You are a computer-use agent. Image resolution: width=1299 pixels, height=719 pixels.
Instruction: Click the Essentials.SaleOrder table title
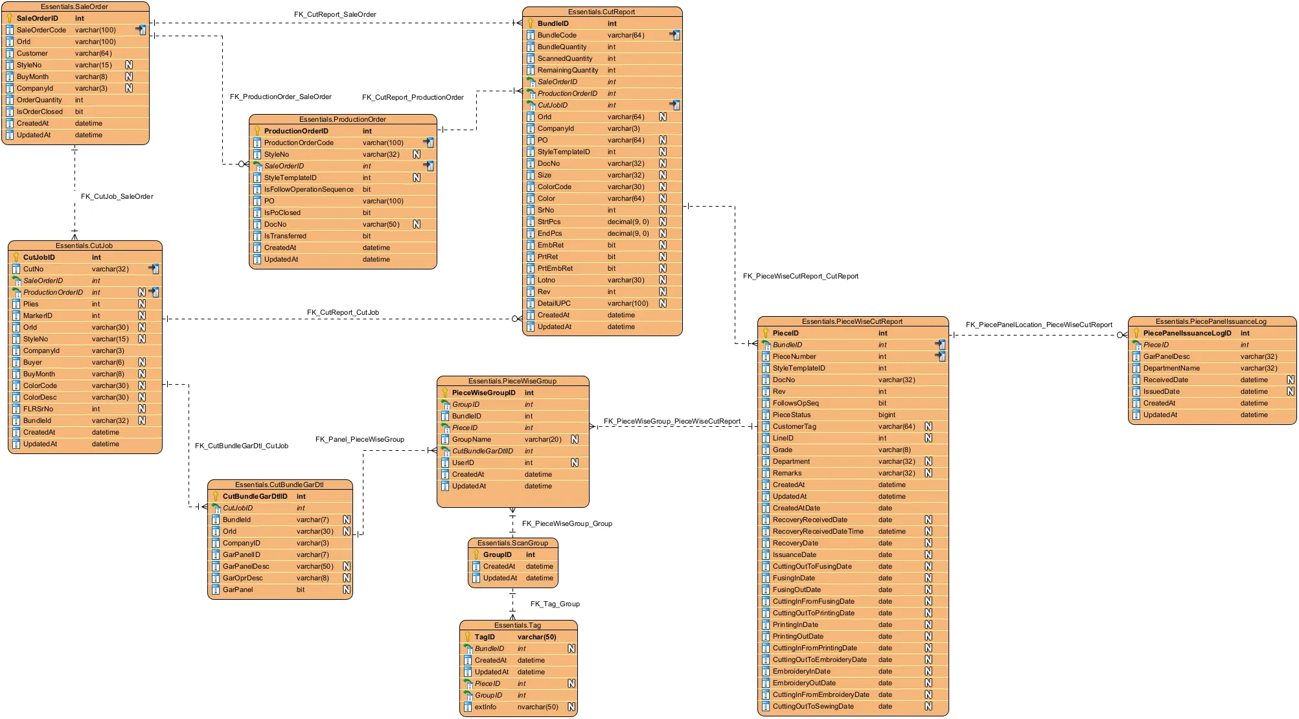[75, 6]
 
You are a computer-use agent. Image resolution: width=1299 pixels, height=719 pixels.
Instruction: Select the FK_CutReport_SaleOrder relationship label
[335, 14]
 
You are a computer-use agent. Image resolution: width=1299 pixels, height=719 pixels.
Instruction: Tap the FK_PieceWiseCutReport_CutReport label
[800, 276]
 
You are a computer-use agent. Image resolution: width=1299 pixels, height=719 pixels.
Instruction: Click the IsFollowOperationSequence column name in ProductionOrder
[308, 189]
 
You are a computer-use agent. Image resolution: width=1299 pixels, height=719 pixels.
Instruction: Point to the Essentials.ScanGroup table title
[512, 543]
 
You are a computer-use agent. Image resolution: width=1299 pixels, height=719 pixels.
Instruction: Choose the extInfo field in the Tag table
[485, 707]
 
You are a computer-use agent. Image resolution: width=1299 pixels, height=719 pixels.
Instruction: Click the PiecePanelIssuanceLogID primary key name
[1187, 333]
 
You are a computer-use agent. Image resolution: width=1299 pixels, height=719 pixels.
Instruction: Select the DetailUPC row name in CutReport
[554, 303]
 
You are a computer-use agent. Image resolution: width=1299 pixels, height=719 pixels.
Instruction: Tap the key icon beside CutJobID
[16, 257]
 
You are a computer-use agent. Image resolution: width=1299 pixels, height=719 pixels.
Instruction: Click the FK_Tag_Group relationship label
[555, 604]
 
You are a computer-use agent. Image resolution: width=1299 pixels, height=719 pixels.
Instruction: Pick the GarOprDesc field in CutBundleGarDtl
[242, 578]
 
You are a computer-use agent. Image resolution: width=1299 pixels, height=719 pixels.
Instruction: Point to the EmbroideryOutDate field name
[803, 683]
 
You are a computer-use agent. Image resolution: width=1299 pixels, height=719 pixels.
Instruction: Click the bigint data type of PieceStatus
[886, 415]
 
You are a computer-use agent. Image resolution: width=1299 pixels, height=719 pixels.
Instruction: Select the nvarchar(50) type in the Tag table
[537, 707]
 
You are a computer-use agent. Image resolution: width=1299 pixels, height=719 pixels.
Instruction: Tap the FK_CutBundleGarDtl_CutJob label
[241, 446]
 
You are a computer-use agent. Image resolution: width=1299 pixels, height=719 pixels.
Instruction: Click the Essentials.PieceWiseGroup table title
[512, 381]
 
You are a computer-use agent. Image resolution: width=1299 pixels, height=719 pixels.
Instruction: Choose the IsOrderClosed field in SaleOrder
[40, 111]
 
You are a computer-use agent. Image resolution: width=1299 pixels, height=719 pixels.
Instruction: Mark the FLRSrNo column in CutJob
[38, 409]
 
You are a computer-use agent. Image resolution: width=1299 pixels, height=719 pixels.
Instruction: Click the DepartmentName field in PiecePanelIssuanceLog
[1171, 368]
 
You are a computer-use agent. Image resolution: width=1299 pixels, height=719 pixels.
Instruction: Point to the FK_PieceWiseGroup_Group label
[566, 523]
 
